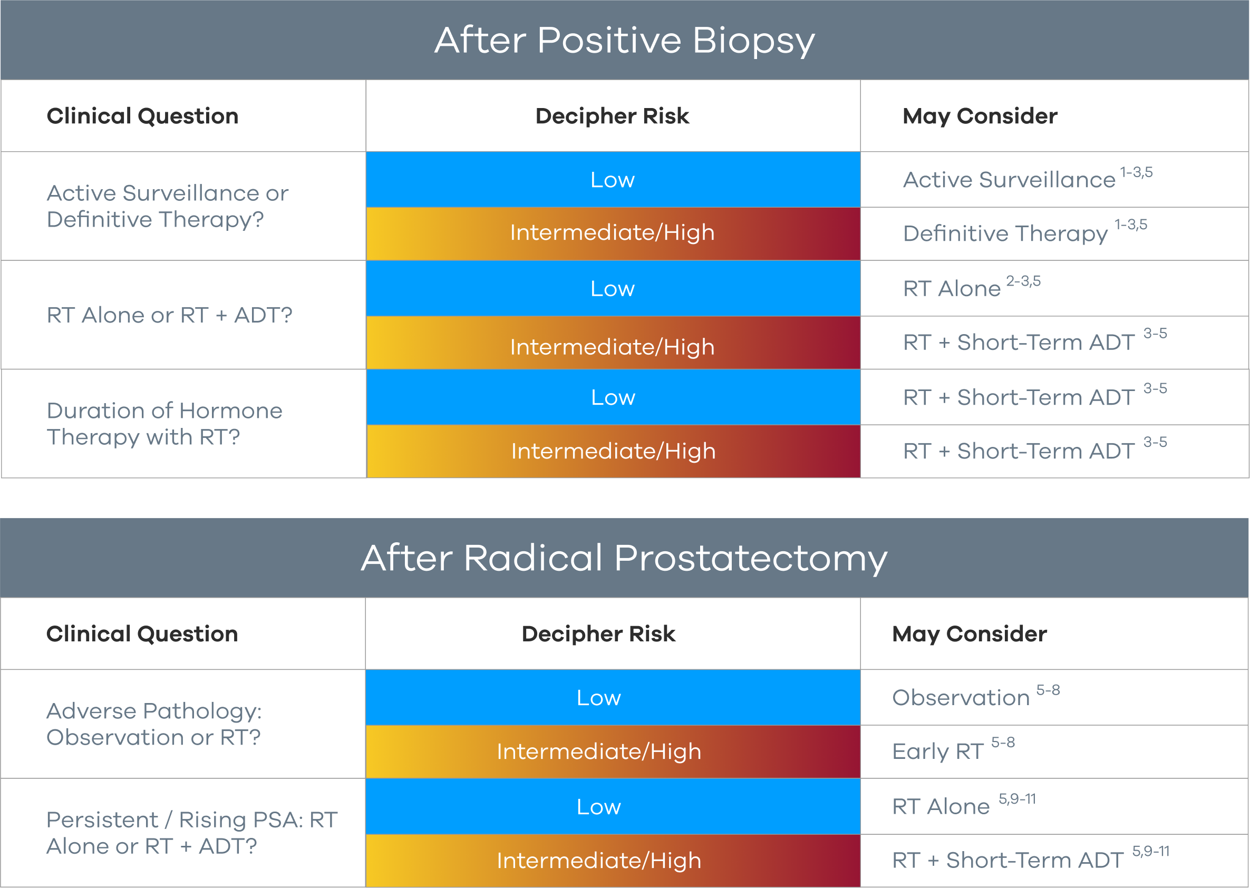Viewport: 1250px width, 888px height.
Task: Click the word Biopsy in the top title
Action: tap(754, 42)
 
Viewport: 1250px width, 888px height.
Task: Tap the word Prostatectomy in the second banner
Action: tap(751, 559)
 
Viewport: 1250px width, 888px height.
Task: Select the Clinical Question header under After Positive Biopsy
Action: tap(143, 116)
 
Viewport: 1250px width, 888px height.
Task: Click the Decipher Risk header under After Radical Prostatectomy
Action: tap(598, 634)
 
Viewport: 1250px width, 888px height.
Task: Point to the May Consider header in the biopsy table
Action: tap(980, 116)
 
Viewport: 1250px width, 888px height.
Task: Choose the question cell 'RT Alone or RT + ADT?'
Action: tap(170, 315)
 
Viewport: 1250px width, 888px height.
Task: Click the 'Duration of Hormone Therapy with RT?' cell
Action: tap(164, 424)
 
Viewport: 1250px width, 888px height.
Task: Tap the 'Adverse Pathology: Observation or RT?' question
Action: tap(154, 724)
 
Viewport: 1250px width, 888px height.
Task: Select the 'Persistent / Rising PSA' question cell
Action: tap(192, 833)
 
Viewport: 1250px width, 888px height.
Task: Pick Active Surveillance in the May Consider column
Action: tap(1009, 180)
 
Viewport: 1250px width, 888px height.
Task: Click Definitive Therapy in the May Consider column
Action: tap(1005, 233)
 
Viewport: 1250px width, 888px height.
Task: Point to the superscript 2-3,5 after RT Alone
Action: tap(1023, 281)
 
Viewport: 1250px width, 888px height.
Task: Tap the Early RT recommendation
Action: tap(938, 752)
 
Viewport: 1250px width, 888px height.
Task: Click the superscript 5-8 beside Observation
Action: tap(1048, 690)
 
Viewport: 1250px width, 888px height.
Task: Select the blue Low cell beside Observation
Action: tap(613, 698)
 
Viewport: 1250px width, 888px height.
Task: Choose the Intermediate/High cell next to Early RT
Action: tap(613, 752)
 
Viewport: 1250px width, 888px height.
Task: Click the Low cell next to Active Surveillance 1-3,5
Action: tap(613, 180)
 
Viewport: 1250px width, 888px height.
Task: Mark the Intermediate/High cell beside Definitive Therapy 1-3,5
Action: tap(613, 233)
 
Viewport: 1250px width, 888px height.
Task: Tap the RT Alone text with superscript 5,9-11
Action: tap(941, 806)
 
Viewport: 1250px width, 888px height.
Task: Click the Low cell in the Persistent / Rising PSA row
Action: tap(613, 806)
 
